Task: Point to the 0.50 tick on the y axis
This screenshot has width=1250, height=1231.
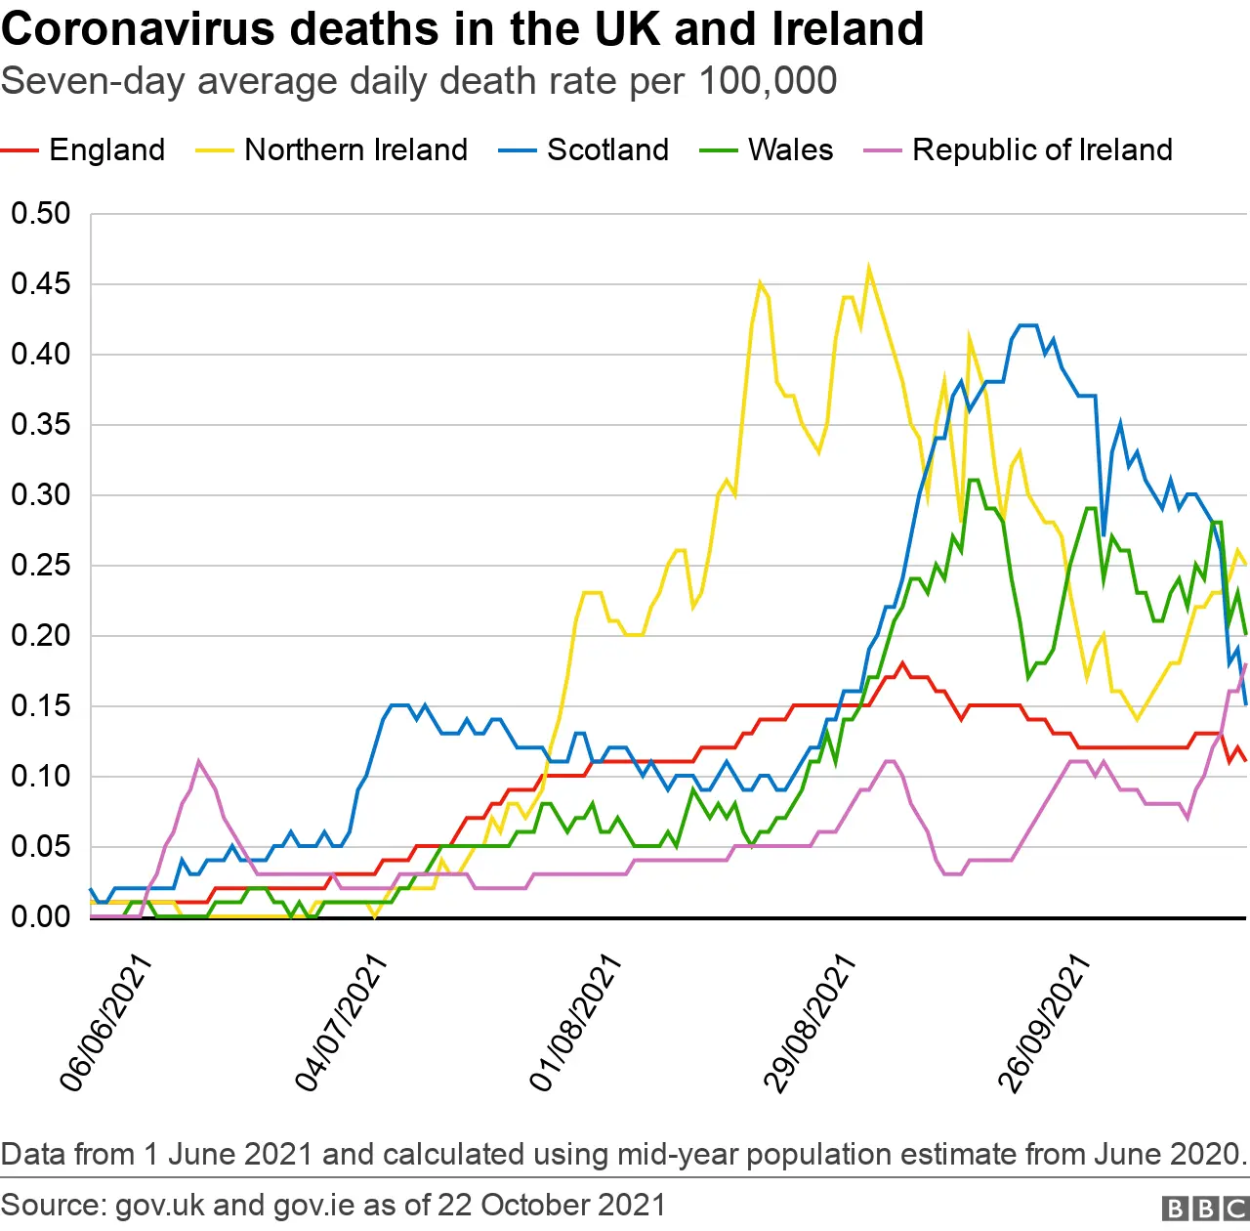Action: pos(41,214)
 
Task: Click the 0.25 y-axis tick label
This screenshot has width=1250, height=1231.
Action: pos(41,566)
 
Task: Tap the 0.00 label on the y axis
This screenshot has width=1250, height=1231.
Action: pos(41,917)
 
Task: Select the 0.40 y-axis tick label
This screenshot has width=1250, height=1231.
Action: pos(41,355)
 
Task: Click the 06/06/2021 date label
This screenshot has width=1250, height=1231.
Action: pos(105,1023)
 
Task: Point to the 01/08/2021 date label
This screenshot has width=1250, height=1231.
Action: pos(574,1023)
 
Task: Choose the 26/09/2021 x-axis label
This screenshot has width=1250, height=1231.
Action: pos(1043,1023)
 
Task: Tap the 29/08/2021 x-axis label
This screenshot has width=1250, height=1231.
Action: pos(809,1023)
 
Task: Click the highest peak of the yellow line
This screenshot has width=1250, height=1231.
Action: pos(868,269)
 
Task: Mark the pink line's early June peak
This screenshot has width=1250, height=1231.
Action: pos(199,762)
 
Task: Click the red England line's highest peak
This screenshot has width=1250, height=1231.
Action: pos(902,664)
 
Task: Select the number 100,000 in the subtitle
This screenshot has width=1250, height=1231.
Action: pos(768,81)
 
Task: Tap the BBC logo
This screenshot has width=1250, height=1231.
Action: pos(1205,1209)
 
